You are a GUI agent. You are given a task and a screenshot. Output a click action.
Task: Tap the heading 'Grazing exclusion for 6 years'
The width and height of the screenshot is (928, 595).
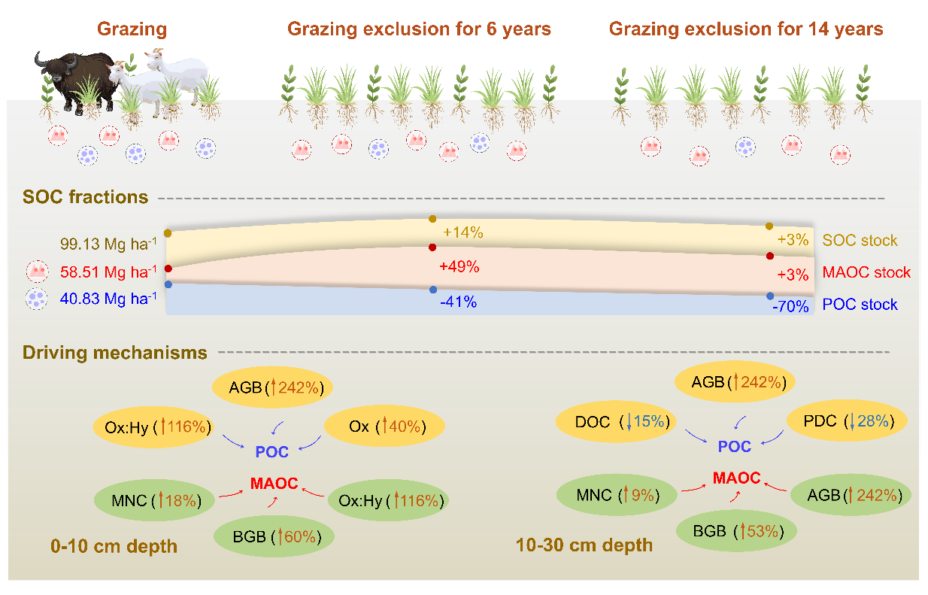click(419, 29)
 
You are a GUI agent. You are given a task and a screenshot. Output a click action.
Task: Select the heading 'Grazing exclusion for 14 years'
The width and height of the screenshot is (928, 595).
click(745, 29)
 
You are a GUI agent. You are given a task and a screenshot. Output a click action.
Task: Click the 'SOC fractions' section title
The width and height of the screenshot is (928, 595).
click(85, 198)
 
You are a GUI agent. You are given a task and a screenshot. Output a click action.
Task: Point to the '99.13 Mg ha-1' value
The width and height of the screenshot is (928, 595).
click(108, 244)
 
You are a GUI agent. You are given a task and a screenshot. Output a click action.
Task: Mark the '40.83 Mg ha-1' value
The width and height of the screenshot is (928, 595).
click(109, 298)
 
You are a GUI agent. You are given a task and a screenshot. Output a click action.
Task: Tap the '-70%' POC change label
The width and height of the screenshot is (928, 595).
click(789, 306)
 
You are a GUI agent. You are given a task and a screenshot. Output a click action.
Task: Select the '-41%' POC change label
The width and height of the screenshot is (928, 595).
click(458, 302)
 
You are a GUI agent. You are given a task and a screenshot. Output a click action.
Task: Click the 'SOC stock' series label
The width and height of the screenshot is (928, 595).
click(860, 241)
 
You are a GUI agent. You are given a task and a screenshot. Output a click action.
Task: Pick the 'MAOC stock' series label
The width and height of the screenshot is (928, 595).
click(865, 272)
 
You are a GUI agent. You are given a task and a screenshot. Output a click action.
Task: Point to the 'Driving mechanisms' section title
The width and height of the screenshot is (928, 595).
click(114, 352)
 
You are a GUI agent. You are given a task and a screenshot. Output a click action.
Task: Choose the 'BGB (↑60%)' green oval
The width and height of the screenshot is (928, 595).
click(274, 536)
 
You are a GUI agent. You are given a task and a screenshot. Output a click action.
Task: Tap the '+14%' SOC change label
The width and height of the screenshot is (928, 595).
click(462, 232)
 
